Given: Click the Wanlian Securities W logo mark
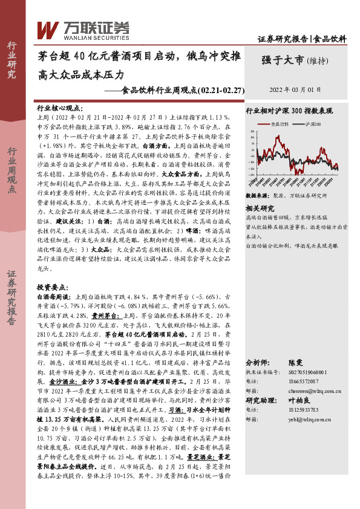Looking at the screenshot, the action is [x=47, y=28].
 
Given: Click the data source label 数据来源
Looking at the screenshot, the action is [x=257, y=196].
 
